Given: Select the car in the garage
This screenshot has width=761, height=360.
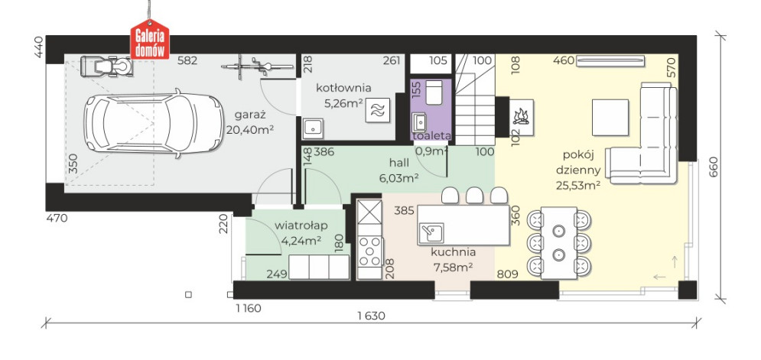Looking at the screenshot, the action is pos(154,124).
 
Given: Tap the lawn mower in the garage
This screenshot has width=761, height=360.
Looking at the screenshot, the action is pos(107,66).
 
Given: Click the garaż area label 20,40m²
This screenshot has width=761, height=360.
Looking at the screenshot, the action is pos(250,130).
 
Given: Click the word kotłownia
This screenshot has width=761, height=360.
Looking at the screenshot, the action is pos(343,88).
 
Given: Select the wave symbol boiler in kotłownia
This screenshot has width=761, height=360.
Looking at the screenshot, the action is pos(378,110).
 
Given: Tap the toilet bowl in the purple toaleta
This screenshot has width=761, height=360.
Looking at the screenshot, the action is pos(433,92).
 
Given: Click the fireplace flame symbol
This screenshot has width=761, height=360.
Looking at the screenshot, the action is pos(522,118).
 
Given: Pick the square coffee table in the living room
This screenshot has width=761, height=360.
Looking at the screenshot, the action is pos(610,118).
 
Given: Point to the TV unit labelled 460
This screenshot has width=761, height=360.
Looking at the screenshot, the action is pos(610,61).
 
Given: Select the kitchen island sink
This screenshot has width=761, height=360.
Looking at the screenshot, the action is pos(431,232).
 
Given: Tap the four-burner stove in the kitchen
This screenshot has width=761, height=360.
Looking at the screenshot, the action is pos(370,251).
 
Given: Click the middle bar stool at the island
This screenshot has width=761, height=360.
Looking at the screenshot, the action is pos(474,195).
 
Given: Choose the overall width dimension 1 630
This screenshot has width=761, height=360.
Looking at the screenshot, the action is pos(371,316).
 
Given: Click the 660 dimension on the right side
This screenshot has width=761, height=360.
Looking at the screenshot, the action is pos(713,167).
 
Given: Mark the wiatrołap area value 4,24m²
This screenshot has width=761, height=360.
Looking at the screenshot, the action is pos(301,240).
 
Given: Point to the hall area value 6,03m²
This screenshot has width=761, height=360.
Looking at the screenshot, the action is pos(399,177).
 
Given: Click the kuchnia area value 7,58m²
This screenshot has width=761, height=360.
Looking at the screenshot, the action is pos(454,266).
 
